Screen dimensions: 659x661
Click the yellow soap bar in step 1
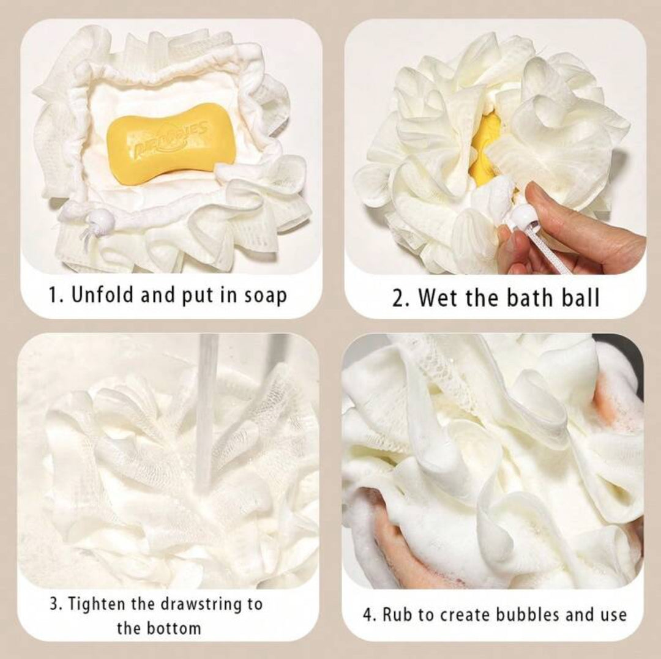171,144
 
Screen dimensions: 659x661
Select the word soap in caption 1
265,295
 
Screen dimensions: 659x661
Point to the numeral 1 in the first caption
54,295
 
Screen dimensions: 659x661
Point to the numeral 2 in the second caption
397,298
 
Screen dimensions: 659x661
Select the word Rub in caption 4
398,615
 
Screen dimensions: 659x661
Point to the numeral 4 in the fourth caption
367,615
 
